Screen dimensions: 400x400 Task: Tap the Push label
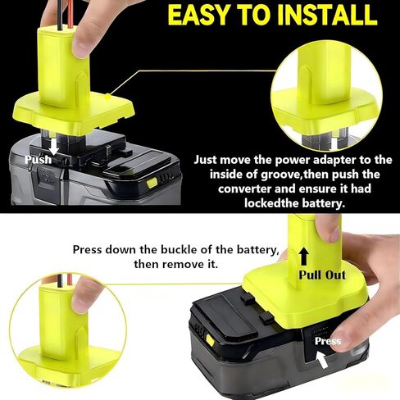[38, 159]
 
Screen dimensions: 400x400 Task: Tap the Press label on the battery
[328, 341]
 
